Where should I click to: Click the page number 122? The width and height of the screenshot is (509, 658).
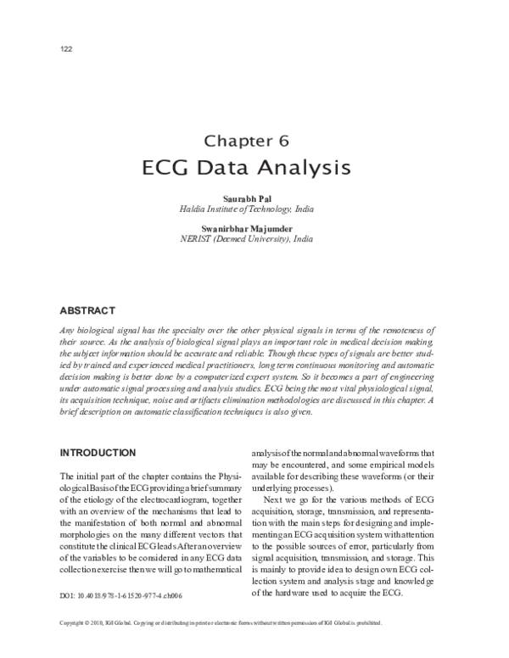pyautogui.click(x=66, y=48)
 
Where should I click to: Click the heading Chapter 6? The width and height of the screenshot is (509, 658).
pyautogui.click(x=254, y=139)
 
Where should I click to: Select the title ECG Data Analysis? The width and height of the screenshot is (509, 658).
pyautogui.click(x=254, y=167)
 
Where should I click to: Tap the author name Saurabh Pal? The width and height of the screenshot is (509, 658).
pyautogui.click(x=254, y=197)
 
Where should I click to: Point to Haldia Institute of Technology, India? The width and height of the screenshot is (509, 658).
pyautogui.click(x=254, y=208)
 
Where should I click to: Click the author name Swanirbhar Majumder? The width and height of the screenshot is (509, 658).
pyautogui.click(x=254, y=229)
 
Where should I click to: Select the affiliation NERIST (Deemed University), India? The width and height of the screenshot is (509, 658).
pyautogui.click(x=254, y=240)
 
